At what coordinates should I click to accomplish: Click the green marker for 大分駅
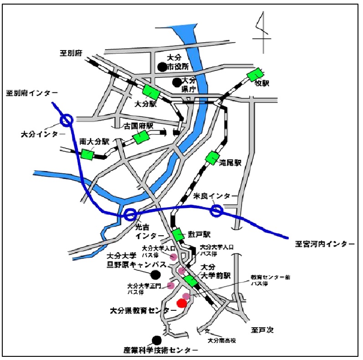pos(151,92)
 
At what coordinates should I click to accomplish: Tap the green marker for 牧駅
pos(255,75)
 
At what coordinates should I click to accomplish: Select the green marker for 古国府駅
pos(141,137)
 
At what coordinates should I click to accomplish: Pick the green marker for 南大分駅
pos(87,154)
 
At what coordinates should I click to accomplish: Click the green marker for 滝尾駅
pos(212,158)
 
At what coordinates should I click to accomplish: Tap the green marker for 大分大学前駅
pos(191,281)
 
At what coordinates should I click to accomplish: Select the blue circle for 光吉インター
pos(130,214)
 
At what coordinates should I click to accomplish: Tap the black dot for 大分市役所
pos(162,67)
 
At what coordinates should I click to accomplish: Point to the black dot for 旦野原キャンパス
pos(155,274)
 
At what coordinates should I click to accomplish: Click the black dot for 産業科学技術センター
pos(157,340)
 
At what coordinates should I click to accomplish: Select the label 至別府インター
pos(32,93)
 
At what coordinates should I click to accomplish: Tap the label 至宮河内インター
pos(324,244)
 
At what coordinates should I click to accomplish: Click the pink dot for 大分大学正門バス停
pos(171,285)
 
